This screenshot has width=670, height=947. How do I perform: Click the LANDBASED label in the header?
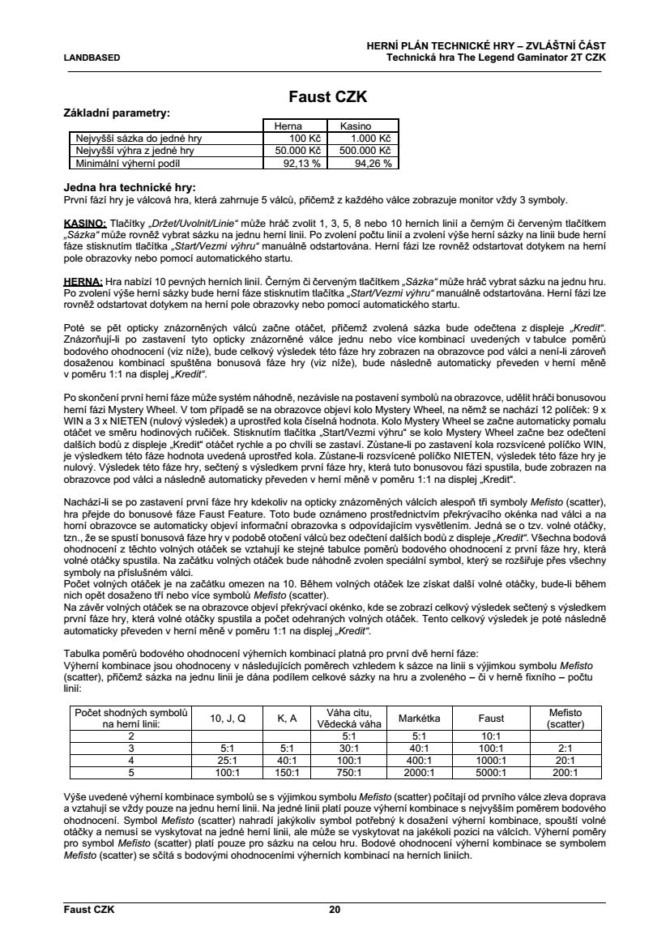click(92, 58)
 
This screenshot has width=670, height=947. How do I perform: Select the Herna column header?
click(288, 126)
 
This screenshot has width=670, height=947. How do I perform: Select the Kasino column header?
click(355, 126)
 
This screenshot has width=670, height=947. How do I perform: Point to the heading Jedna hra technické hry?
click(130, 187)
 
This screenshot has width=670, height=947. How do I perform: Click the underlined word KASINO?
click(84, 223)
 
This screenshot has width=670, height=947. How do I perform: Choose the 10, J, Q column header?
click(227, 718)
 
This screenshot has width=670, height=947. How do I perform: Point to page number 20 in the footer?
click(335, 910)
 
